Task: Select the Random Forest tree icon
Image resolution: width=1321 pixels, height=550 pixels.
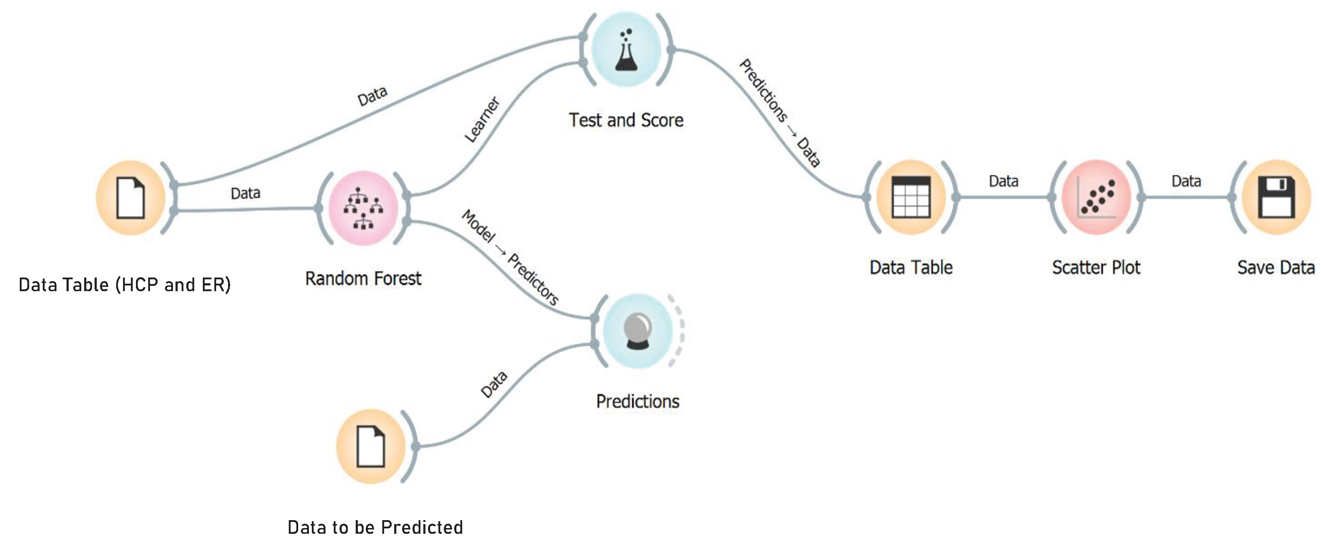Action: pyautogui.click(x=363, y=208)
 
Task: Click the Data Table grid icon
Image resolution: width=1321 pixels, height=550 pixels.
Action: pyautogui.click(x=911, y=197)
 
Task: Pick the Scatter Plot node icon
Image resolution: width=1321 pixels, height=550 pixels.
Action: pyautogui.click(x=1096, y=197)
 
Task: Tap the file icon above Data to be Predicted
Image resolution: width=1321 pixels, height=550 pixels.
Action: pyautogui.click(x=370, y=446)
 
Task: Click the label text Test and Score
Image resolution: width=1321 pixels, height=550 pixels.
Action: pyautogui.click(x=626, y=120)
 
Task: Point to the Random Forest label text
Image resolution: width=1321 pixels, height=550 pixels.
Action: pyautogui.click(x=363, y=278)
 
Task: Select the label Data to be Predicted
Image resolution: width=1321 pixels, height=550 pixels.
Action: pyautogui.click(x=375, y=527)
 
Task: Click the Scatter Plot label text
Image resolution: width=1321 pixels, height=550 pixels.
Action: pyautogui.click(x=1096, y=267)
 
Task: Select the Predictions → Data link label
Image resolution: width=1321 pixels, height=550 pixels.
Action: pyautogui.click(x=779, y=113)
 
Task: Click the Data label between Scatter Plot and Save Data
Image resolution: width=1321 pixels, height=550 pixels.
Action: pyautogui.click(x=1186, y=181)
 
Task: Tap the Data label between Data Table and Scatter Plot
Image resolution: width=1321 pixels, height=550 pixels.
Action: pyautogui.click(x=1003, y=181)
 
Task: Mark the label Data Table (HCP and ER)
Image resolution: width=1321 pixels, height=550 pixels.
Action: pyautogui.click(x=124, y=285)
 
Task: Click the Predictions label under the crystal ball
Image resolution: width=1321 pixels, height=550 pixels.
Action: pyautogui.click(x=637, y=401)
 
